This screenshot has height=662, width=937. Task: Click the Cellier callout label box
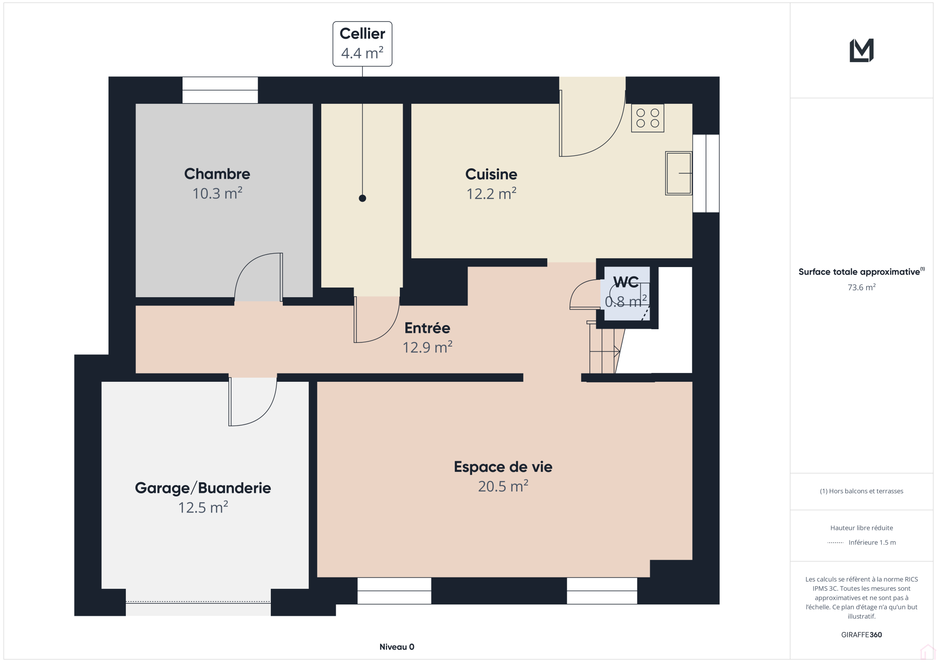click(x=362, y=44)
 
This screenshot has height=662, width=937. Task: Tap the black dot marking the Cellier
click(x=362, y=198)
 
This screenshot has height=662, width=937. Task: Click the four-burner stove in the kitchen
click(x=647, y=118)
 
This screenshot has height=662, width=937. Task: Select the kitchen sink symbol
click(x=679, y=173)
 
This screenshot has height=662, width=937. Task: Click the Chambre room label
click(x=217, y=174)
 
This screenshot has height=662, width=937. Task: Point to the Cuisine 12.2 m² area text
click(x=491, y=194)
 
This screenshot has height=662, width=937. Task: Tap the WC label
click(x=626, y=282)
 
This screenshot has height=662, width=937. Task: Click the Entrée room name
click(x=427, y=328)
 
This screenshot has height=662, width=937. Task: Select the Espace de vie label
click(x=503, y=467)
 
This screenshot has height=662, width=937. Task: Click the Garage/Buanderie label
click(x=203, y=488)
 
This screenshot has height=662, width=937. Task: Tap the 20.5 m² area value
click(x=503, y=486)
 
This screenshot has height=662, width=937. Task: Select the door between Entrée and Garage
click(x=253, y=401)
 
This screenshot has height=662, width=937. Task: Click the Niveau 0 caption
click(x=397, y=647)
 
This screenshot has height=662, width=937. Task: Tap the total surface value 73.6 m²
click(x=862, y=287)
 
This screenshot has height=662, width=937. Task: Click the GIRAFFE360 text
click(x=862, y=635)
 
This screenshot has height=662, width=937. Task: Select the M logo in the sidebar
click(x=862, y=50)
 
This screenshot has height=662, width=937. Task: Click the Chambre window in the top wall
click(x=220, y=90)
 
